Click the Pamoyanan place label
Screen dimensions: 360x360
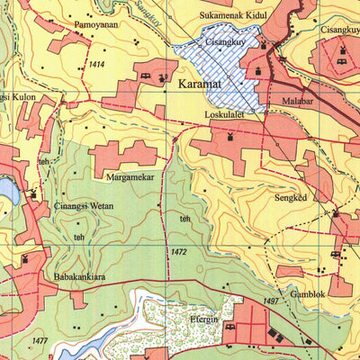click(95, 24)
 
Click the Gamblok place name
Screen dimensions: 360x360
click(306, 293)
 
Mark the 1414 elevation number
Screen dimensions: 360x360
click(96, 66)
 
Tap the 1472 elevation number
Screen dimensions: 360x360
click(176, 251)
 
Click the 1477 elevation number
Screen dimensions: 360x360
click(38, 339)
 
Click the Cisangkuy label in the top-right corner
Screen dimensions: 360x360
click(340, 29)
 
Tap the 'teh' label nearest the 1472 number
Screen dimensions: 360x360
click(185, 218)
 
